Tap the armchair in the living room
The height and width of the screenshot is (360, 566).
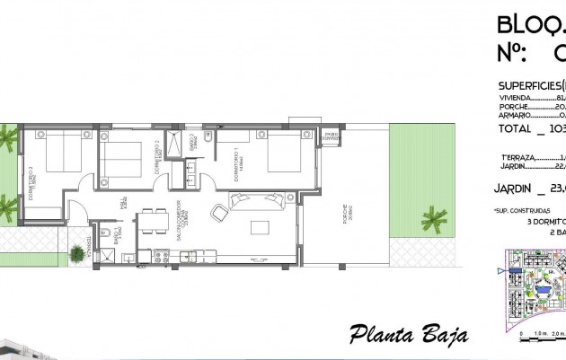point(218,215)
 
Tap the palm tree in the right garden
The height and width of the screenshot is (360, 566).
point(435,218)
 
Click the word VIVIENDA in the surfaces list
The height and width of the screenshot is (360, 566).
point(515,99)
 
